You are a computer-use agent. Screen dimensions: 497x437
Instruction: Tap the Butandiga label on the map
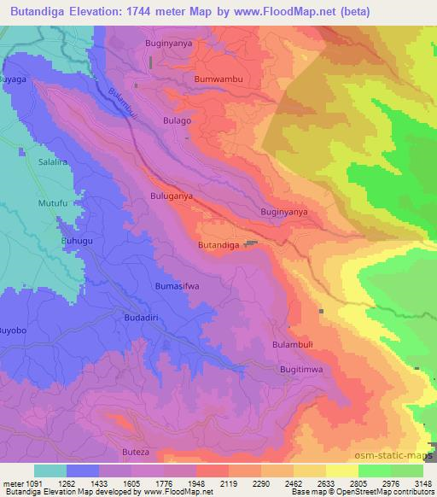(221, 245)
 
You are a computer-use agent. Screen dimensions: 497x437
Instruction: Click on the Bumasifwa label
(177, 286)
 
